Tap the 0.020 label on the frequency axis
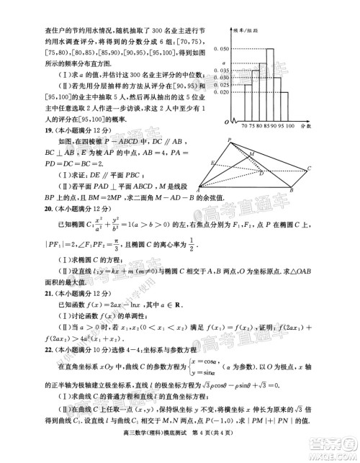[224, 92]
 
